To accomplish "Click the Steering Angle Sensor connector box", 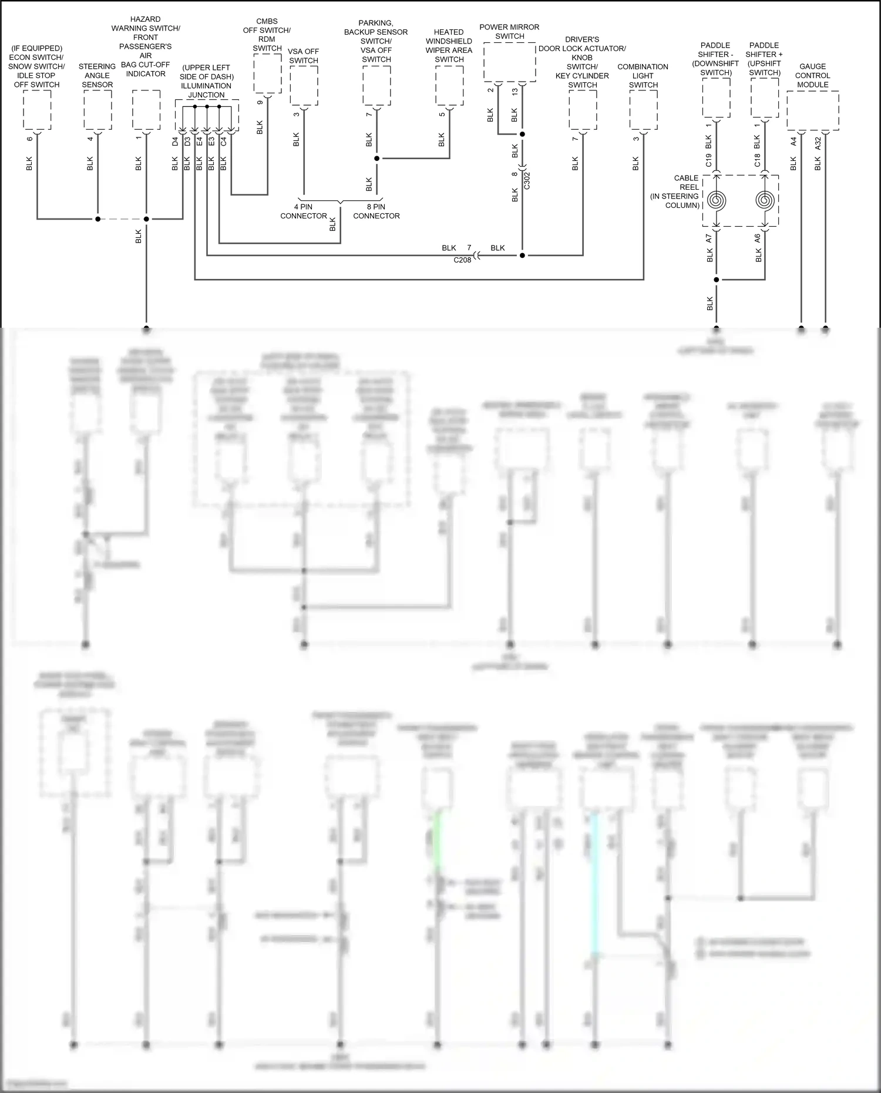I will tap(97, 110).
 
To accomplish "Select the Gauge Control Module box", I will tap(812, 110).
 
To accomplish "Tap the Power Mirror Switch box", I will tap(509, 62).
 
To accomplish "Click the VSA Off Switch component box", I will tap(304, 86).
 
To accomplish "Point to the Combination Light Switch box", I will tap(644, 110).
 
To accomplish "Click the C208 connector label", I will tap(462, 260).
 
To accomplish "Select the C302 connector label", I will tap(527, 180).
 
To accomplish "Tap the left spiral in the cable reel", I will tap(716, 201).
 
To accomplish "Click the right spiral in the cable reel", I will tap(764, 201).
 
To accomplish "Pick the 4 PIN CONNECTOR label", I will tap(304, 211).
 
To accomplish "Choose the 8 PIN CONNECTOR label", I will tap(376, 211).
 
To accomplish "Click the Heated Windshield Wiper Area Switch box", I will tap(449, 86).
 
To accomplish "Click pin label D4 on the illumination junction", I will tap(175, 142).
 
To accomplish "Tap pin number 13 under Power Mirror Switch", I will tap(515, 92).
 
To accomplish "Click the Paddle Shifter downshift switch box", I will tap(716, 97).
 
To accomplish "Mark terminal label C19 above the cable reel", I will tap(709, 160).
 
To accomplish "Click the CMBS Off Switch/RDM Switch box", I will tap(267, 73).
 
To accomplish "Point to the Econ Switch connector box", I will tap(37, 110).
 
